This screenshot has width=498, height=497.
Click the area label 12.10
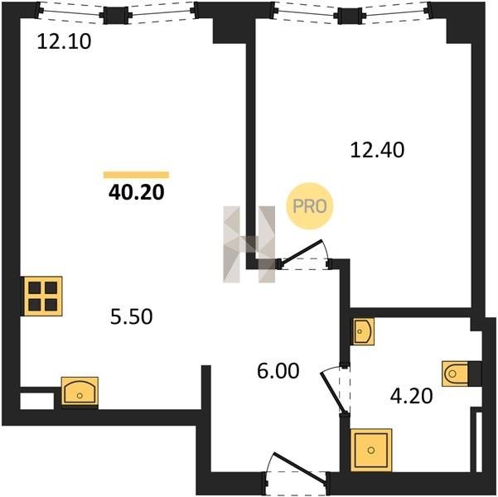(64, 41)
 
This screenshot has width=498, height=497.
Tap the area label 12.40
(377, 150)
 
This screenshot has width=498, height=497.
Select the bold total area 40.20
(136, 192)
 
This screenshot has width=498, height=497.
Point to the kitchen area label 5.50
(131, 316)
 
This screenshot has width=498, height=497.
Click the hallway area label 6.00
(278, 371)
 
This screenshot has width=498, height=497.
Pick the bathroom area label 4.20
(412, 396)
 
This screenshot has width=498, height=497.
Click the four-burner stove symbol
(43, 297)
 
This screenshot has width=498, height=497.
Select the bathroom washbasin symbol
(362, 331)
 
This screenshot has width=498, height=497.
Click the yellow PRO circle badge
(309, 206)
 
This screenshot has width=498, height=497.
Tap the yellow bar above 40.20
(136, 175)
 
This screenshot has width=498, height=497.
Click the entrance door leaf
(300, 469)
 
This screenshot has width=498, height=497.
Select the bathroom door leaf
(333, 393)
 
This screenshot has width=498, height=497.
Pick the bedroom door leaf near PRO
(302, 252)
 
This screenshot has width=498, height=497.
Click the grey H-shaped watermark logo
(249, 244)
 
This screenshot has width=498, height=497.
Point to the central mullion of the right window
(351, 16)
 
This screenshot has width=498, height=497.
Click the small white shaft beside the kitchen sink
(36, 401)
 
